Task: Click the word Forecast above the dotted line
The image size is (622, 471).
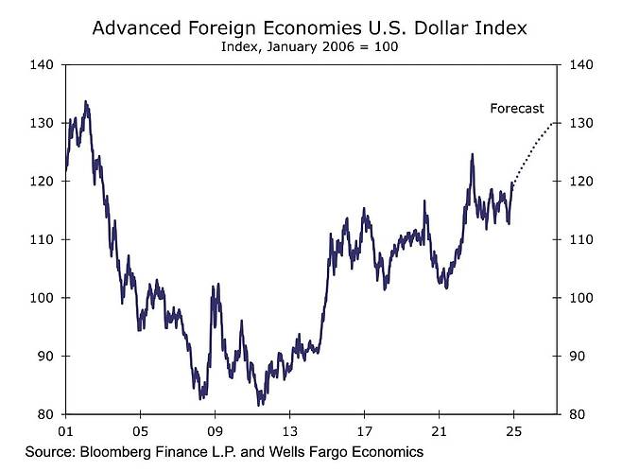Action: pyautogui.click(x=517, y=108)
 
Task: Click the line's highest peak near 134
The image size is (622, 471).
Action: pyautogui.click(x=86, y=101)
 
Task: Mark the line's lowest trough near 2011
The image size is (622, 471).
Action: pyautogui.click(x=260, y=405)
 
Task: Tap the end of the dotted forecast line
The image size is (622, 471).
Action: pyautogui.click(x=556, y=124)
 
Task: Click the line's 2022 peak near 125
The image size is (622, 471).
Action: pyautogui.click(x=472, y=154)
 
